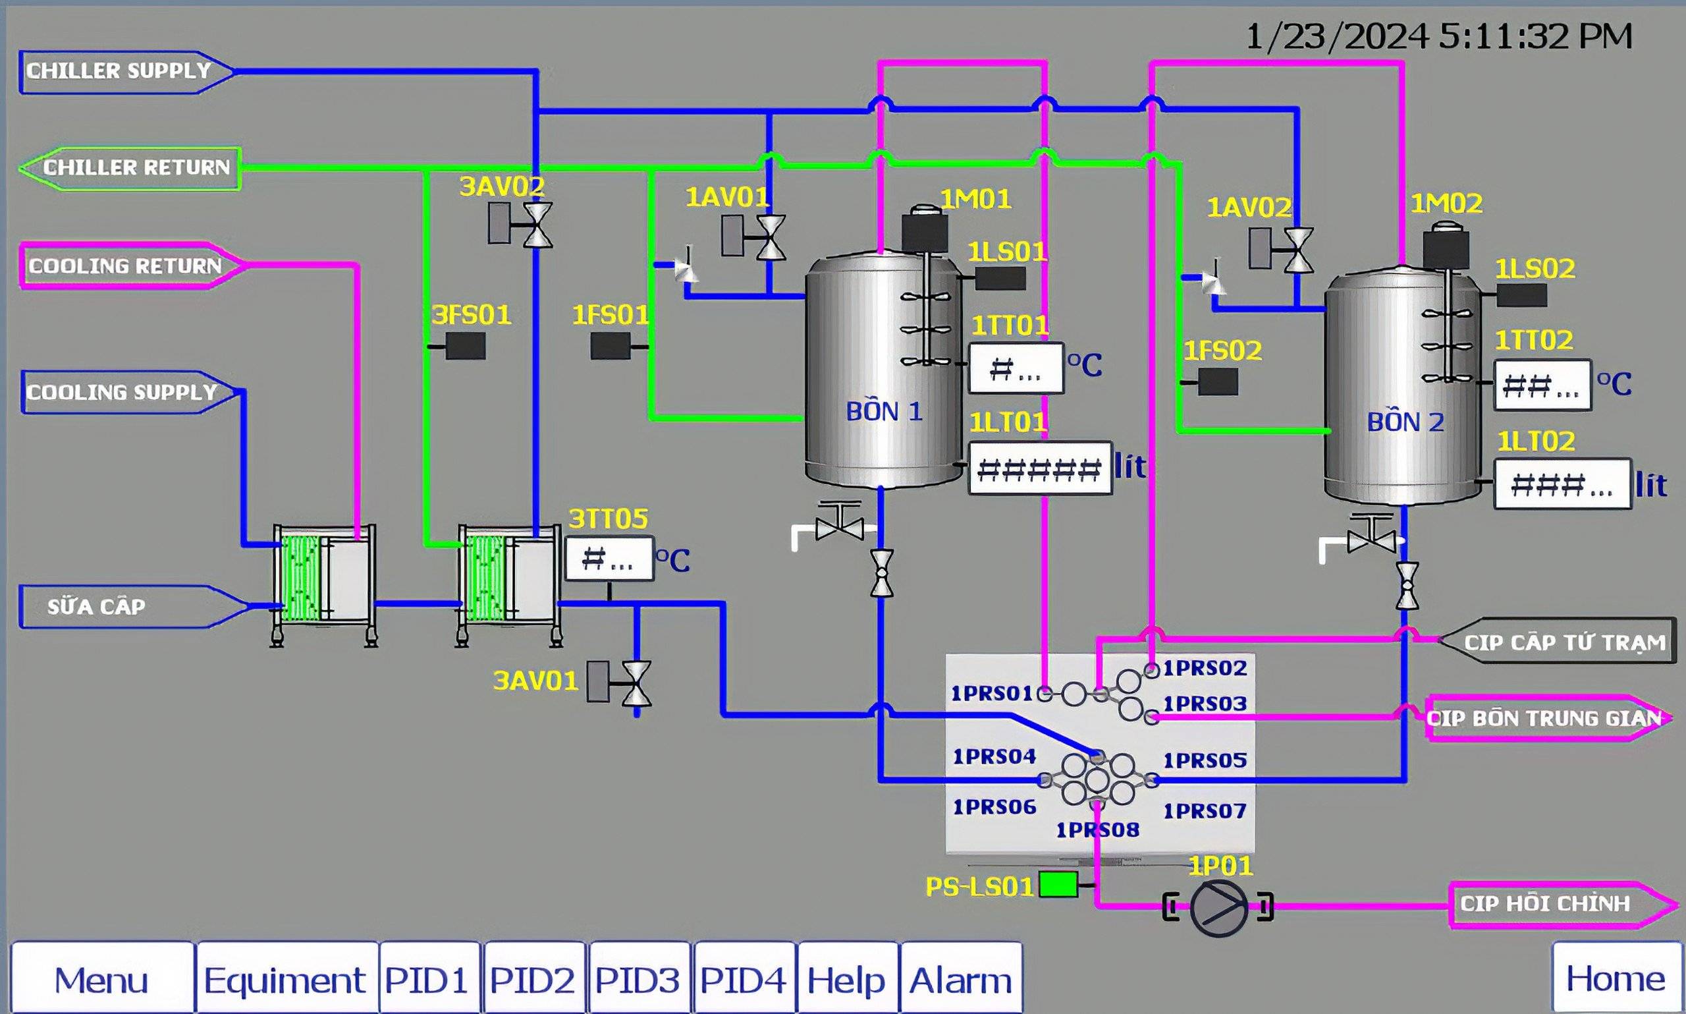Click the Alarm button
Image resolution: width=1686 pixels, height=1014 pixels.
961,978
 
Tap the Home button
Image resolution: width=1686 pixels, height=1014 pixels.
1616,978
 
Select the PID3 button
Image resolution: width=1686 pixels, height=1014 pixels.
638,978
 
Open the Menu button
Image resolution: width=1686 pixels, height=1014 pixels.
101,978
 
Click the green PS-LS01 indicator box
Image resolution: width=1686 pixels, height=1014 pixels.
1058,884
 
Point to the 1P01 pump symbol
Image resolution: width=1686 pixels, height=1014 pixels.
1218,907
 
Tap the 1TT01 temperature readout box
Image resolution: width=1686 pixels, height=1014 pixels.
1016,368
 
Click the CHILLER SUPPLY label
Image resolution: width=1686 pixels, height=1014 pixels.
118,71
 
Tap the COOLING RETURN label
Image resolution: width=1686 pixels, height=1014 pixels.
125,266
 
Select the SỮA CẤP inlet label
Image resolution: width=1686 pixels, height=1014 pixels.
96,607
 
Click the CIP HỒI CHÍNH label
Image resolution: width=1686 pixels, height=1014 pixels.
1545,904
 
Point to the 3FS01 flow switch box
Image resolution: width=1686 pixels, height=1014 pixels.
466,346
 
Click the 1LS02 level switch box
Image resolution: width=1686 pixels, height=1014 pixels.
1522,295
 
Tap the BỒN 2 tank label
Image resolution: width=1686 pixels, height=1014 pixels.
1405,422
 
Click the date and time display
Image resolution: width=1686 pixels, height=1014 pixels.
1440,36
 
